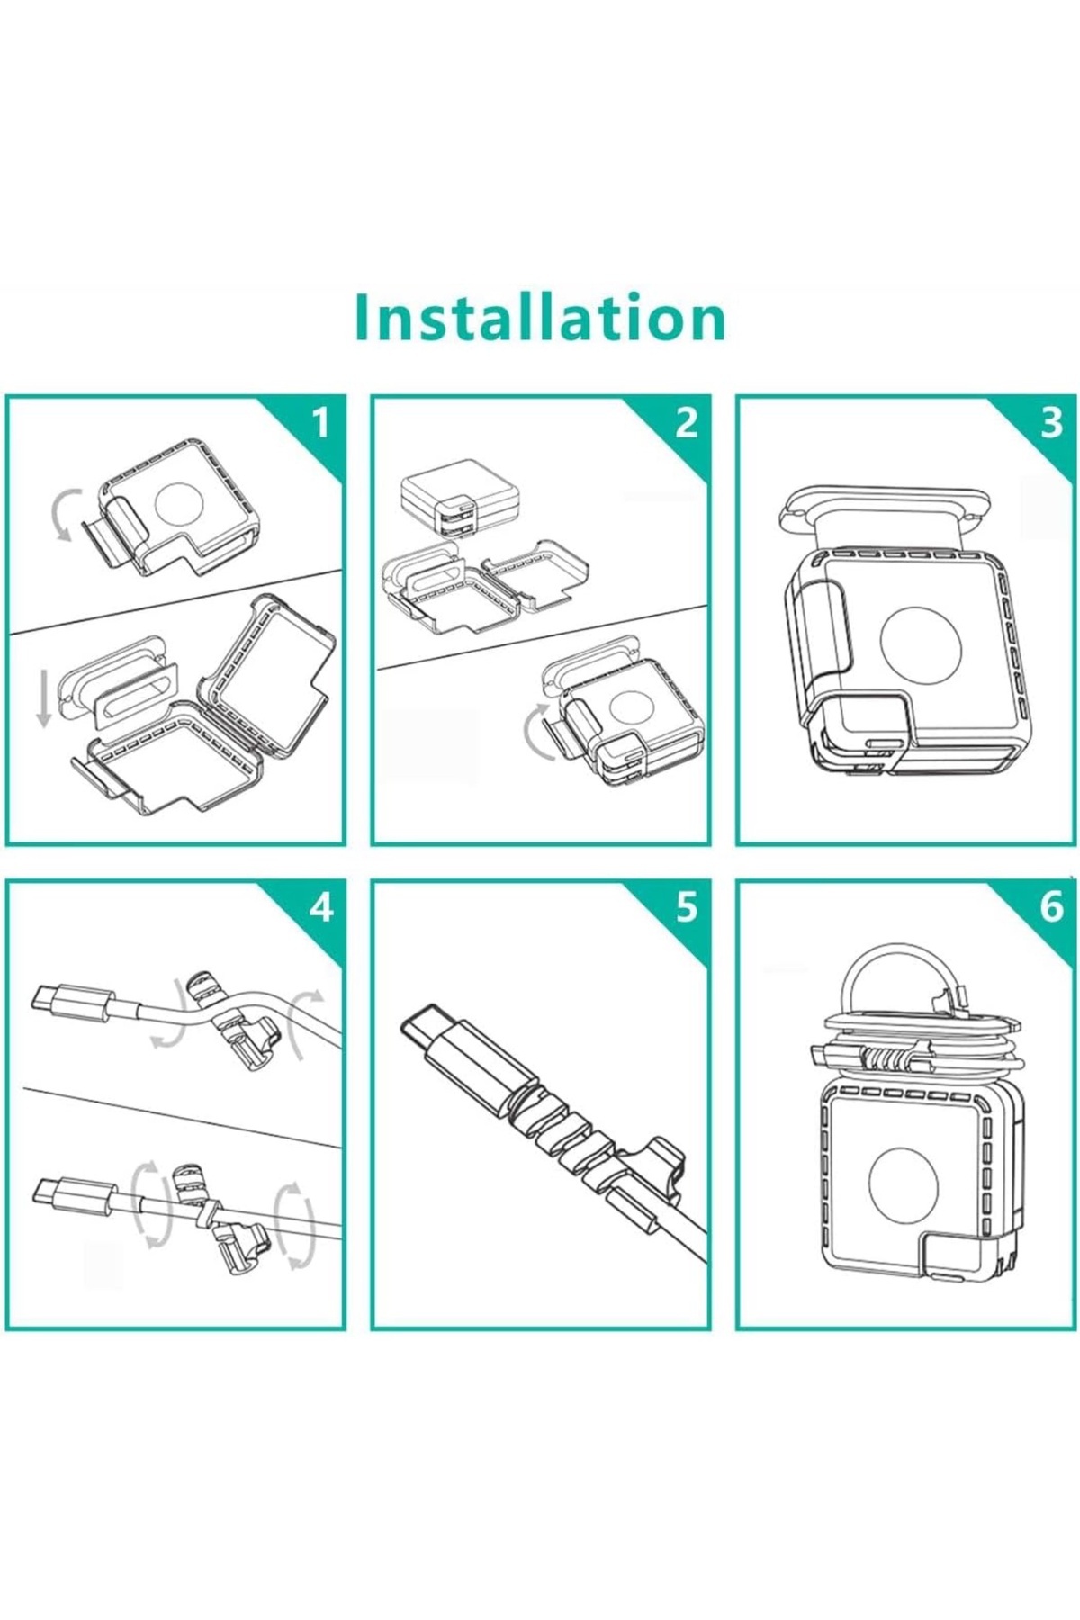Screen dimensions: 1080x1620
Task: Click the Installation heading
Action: [x=540, y=317]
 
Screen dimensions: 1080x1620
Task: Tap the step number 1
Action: [x=321, y=422]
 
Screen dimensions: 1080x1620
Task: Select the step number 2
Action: [x=687, y=422]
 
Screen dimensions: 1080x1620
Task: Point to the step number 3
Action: [x=1051, y=422]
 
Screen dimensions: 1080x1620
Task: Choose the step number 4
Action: [x=321, y=907]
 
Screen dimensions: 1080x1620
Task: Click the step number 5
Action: [x=687, y=907]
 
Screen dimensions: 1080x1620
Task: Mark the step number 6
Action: [x=1051, y=907]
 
